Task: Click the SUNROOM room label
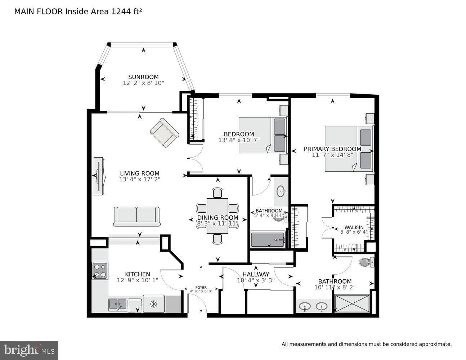pos(143,77)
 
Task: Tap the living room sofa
pos(137,216)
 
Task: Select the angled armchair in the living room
pos(165,132)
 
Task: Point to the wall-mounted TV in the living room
pos(99,176)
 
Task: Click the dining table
pos(217,216)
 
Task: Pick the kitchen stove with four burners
pos(100,271)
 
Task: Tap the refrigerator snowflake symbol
pos(154,303)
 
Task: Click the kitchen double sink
pos(117,304)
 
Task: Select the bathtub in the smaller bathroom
pos(268,240)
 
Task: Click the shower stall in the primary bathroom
pos(352,303)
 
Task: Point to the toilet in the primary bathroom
pos(366,262)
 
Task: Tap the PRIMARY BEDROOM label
pos(332,149)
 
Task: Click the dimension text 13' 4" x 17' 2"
pos(140,179)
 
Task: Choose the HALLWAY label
pos(256,274)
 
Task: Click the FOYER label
pos(201,288)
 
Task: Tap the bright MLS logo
pos(29,350)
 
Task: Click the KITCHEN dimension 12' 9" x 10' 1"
pos(138,280)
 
